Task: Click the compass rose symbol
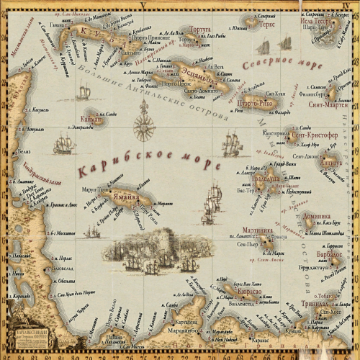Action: point(148,128)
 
